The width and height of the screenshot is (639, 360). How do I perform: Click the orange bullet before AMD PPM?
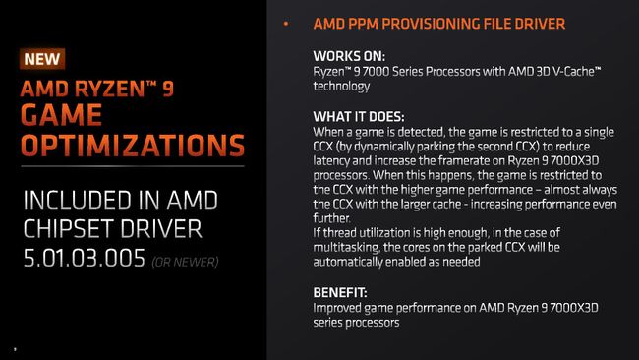286,23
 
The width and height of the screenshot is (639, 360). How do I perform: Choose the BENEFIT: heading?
340,291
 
